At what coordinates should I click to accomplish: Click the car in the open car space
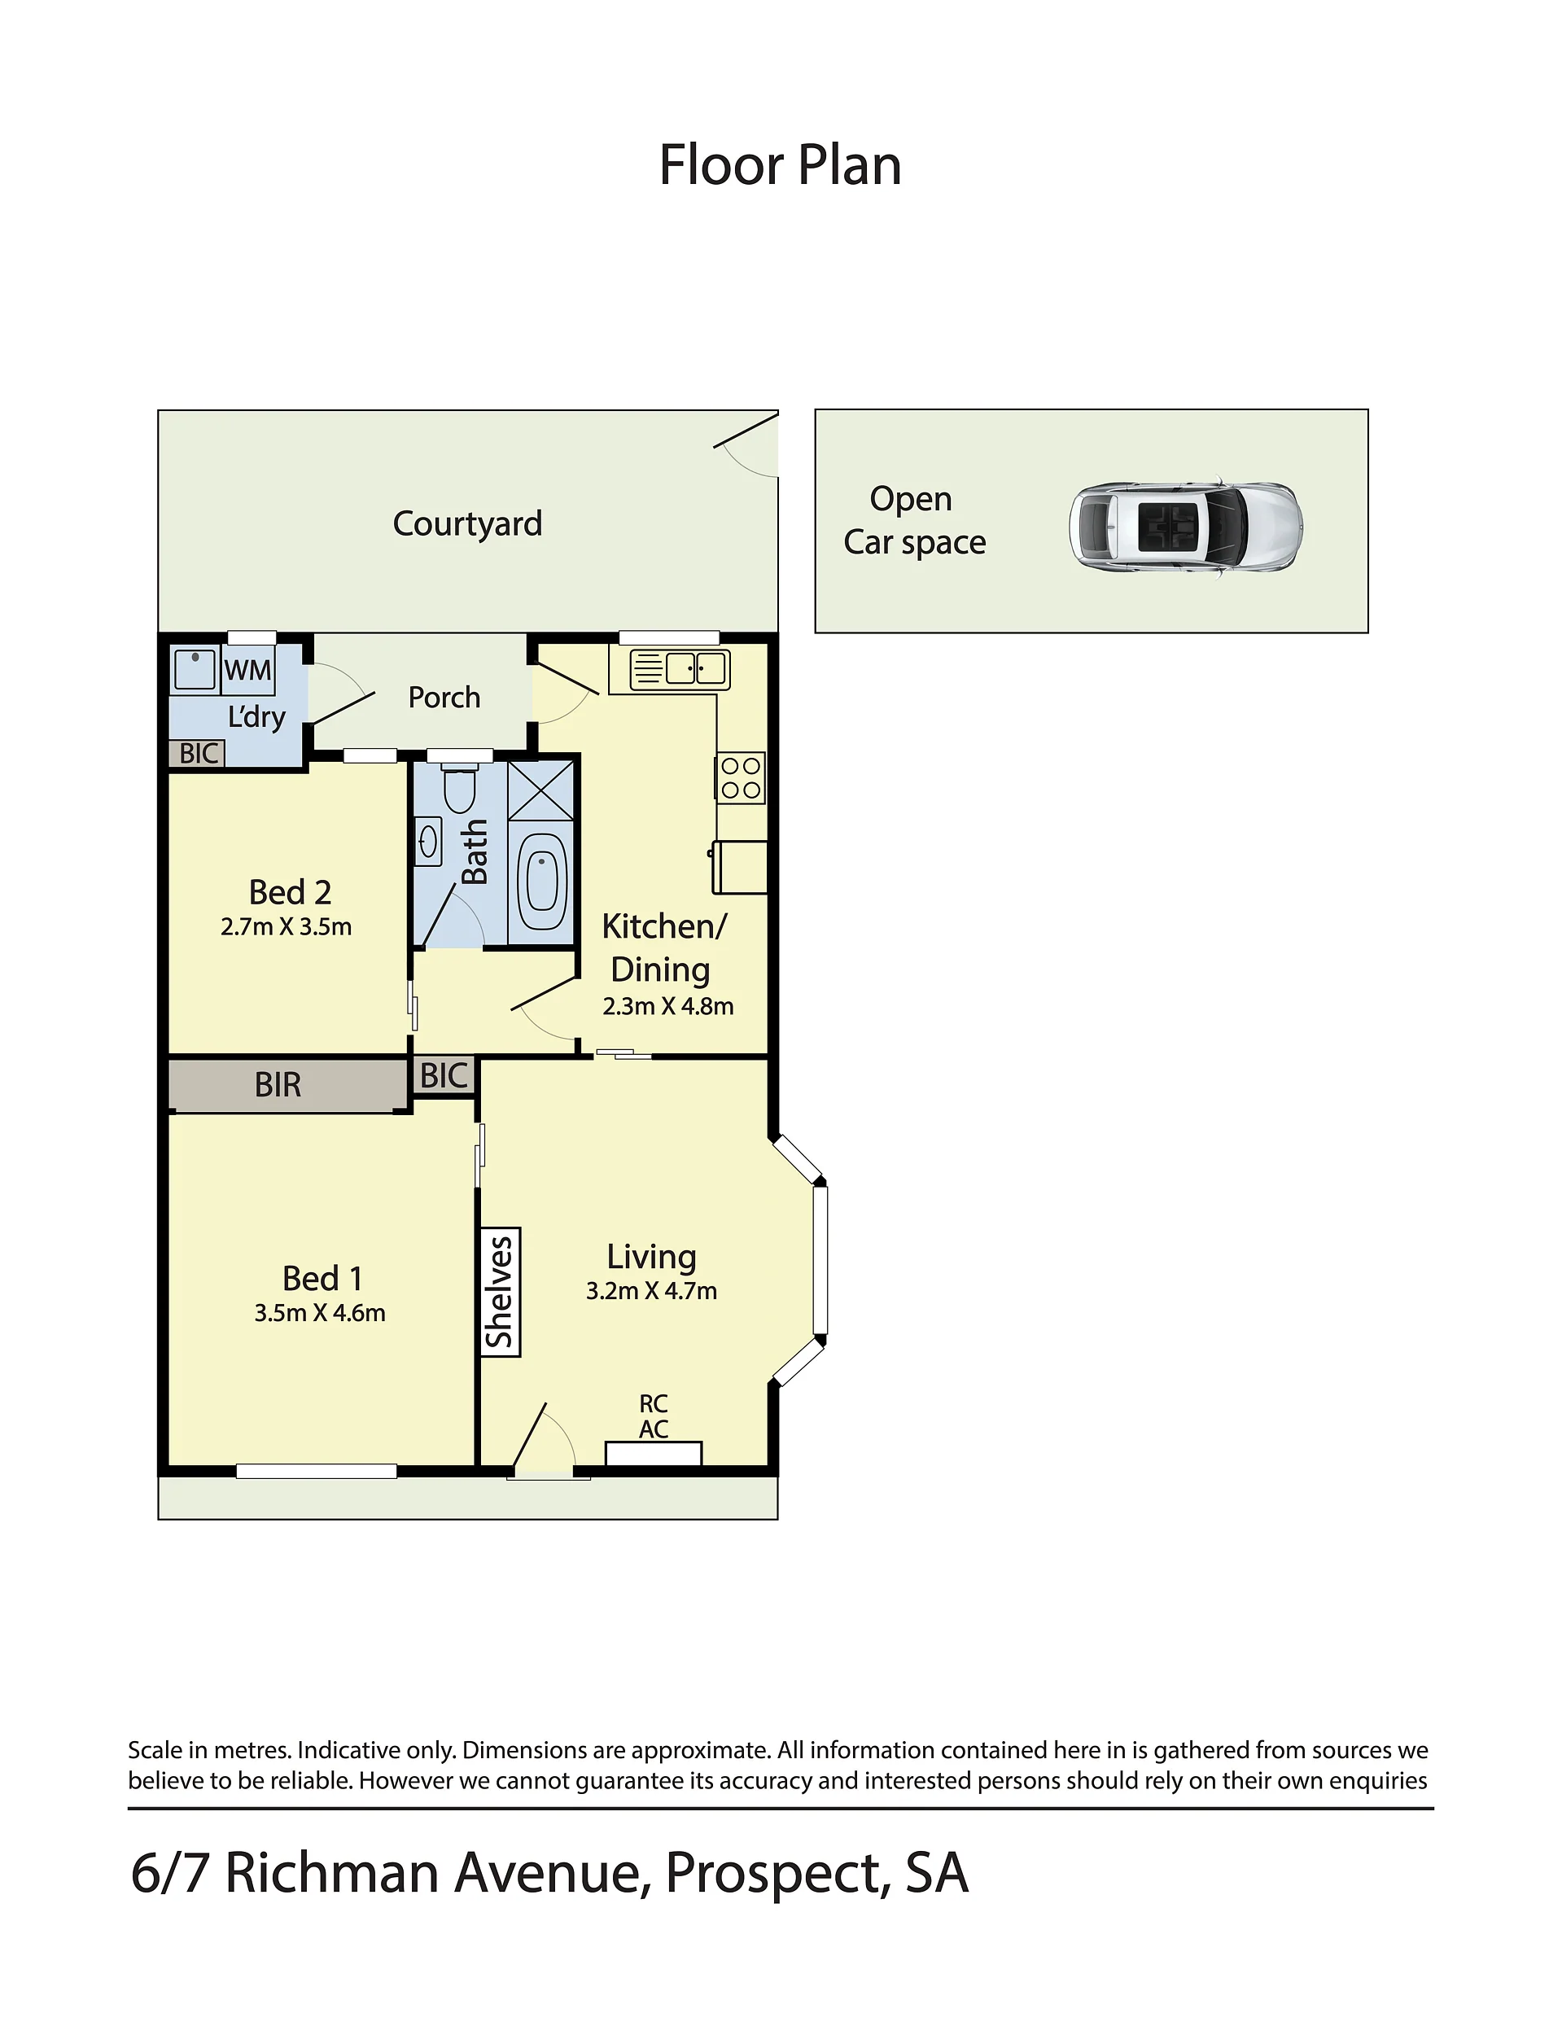tap(1185, 530)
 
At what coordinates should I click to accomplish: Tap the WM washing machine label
tap(247, 670)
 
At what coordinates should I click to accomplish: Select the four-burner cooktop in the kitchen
tap(740, 777)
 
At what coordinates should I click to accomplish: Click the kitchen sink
tap(680, 669)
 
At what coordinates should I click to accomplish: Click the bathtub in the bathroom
tap(541, 879)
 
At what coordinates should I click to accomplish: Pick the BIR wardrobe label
tap(278, 1084)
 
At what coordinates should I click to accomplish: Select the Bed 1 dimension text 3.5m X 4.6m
tap(320, 1313)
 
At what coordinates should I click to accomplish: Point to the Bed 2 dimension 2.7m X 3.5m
tap(287, 927)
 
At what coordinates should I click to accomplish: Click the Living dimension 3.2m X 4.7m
tap(651, 1290)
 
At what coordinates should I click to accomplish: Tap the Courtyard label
tap(467, 524)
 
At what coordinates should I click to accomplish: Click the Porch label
tap(444, 697)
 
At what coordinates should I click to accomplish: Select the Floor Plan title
tap(780, 165)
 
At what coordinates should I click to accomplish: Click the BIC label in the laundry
tap(199, 753)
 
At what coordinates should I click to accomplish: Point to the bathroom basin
tap(428, 842)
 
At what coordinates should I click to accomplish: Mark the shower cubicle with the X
tap(541, 790)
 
